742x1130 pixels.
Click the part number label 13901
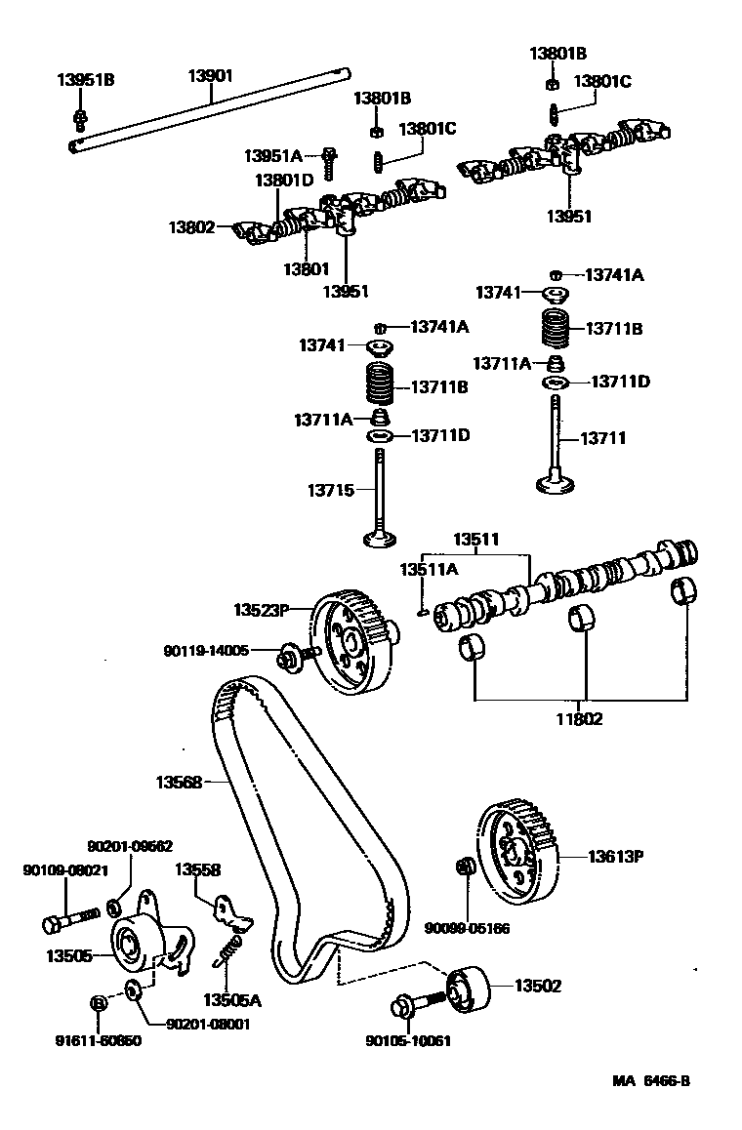(211, 74)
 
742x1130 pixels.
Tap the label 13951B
(85, 80)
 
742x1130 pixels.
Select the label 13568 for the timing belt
(179, 782)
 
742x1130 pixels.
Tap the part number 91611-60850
(98, 1040)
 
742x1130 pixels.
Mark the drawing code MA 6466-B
(657, 1080)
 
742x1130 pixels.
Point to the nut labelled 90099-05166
(466, 867)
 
